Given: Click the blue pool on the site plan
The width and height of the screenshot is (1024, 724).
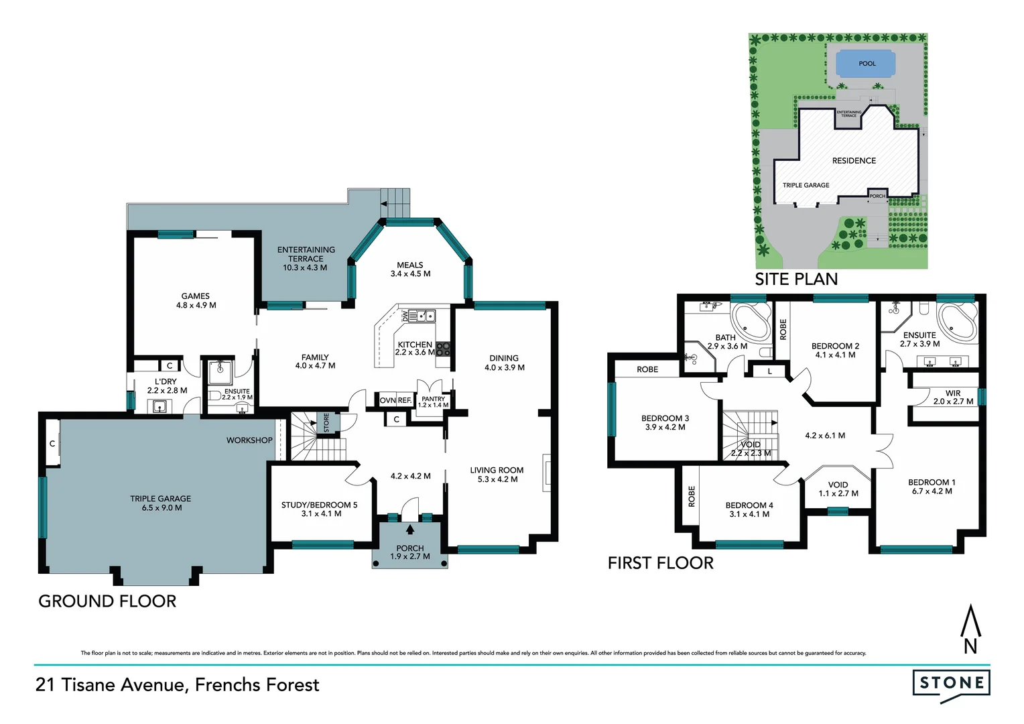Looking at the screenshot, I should pos(865,64).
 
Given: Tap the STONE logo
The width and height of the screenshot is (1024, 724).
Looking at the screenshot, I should pos(951,684).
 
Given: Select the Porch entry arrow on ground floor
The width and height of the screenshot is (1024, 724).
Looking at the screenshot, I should pos(410,530).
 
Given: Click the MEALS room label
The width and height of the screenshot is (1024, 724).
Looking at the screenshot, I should pos(410,269).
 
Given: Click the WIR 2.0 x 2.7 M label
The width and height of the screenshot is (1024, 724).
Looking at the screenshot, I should pos(953,398).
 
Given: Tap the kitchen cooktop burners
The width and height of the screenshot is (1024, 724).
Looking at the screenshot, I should pos(443,349).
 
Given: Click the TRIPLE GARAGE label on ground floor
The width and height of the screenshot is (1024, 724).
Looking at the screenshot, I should pos(160,503).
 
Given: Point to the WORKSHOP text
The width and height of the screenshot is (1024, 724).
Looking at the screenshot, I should pos(249,440).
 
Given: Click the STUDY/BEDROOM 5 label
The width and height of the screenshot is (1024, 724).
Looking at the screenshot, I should pos(320,509).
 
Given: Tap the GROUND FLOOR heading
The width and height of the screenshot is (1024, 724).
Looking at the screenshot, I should pos(107,601).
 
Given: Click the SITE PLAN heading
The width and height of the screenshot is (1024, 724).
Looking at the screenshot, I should pos(796,280).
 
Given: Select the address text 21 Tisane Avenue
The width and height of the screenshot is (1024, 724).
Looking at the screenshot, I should pos(177,684).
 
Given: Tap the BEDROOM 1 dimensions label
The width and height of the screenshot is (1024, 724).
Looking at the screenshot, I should pos(932,491).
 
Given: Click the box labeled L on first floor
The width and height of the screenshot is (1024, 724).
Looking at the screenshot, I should pos(769,371).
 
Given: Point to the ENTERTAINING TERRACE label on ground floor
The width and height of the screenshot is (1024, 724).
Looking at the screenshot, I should pos(306,258).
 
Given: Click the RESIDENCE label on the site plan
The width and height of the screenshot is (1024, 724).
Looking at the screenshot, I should pos(854,161).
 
